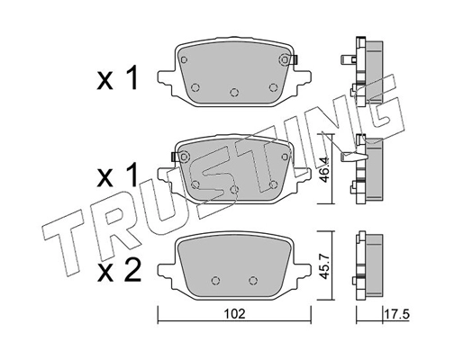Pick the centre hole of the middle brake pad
tap(234, 189)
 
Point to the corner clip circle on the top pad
tap(285, 60)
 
